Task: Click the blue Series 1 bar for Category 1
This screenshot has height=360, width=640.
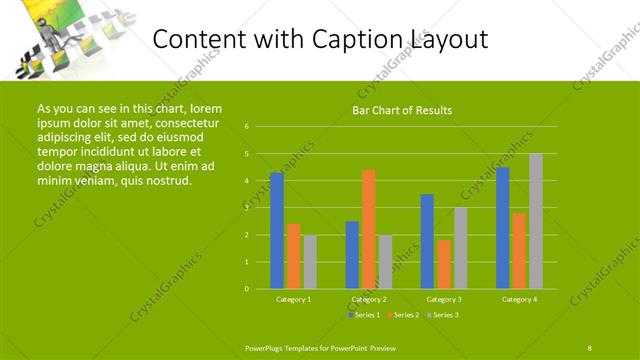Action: click(277, 231)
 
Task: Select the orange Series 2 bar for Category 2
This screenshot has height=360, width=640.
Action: click(369, 229)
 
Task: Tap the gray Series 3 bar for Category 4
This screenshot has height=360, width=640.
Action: click(536, 221)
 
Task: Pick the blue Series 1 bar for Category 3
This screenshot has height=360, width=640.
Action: click(427, 241)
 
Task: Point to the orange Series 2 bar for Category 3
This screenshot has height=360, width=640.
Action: click(443, 264)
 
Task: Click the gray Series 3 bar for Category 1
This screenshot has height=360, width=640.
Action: click(310, 262)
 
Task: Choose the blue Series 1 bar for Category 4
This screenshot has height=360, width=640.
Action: click(502, 228)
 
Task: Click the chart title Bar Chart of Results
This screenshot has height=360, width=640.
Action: click(402, 110)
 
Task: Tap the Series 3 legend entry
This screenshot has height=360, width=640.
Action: click(443, 315)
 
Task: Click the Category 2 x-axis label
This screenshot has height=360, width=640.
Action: click(369, 299)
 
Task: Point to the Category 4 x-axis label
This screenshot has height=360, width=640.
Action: click(519, 299)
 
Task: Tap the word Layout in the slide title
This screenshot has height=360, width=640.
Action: click(451, 40)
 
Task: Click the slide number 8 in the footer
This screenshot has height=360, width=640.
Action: click(589, 347)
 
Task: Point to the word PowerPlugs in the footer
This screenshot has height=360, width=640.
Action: click(268, 347)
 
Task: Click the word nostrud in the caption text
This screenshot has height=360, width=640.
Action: click(167, 181)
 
